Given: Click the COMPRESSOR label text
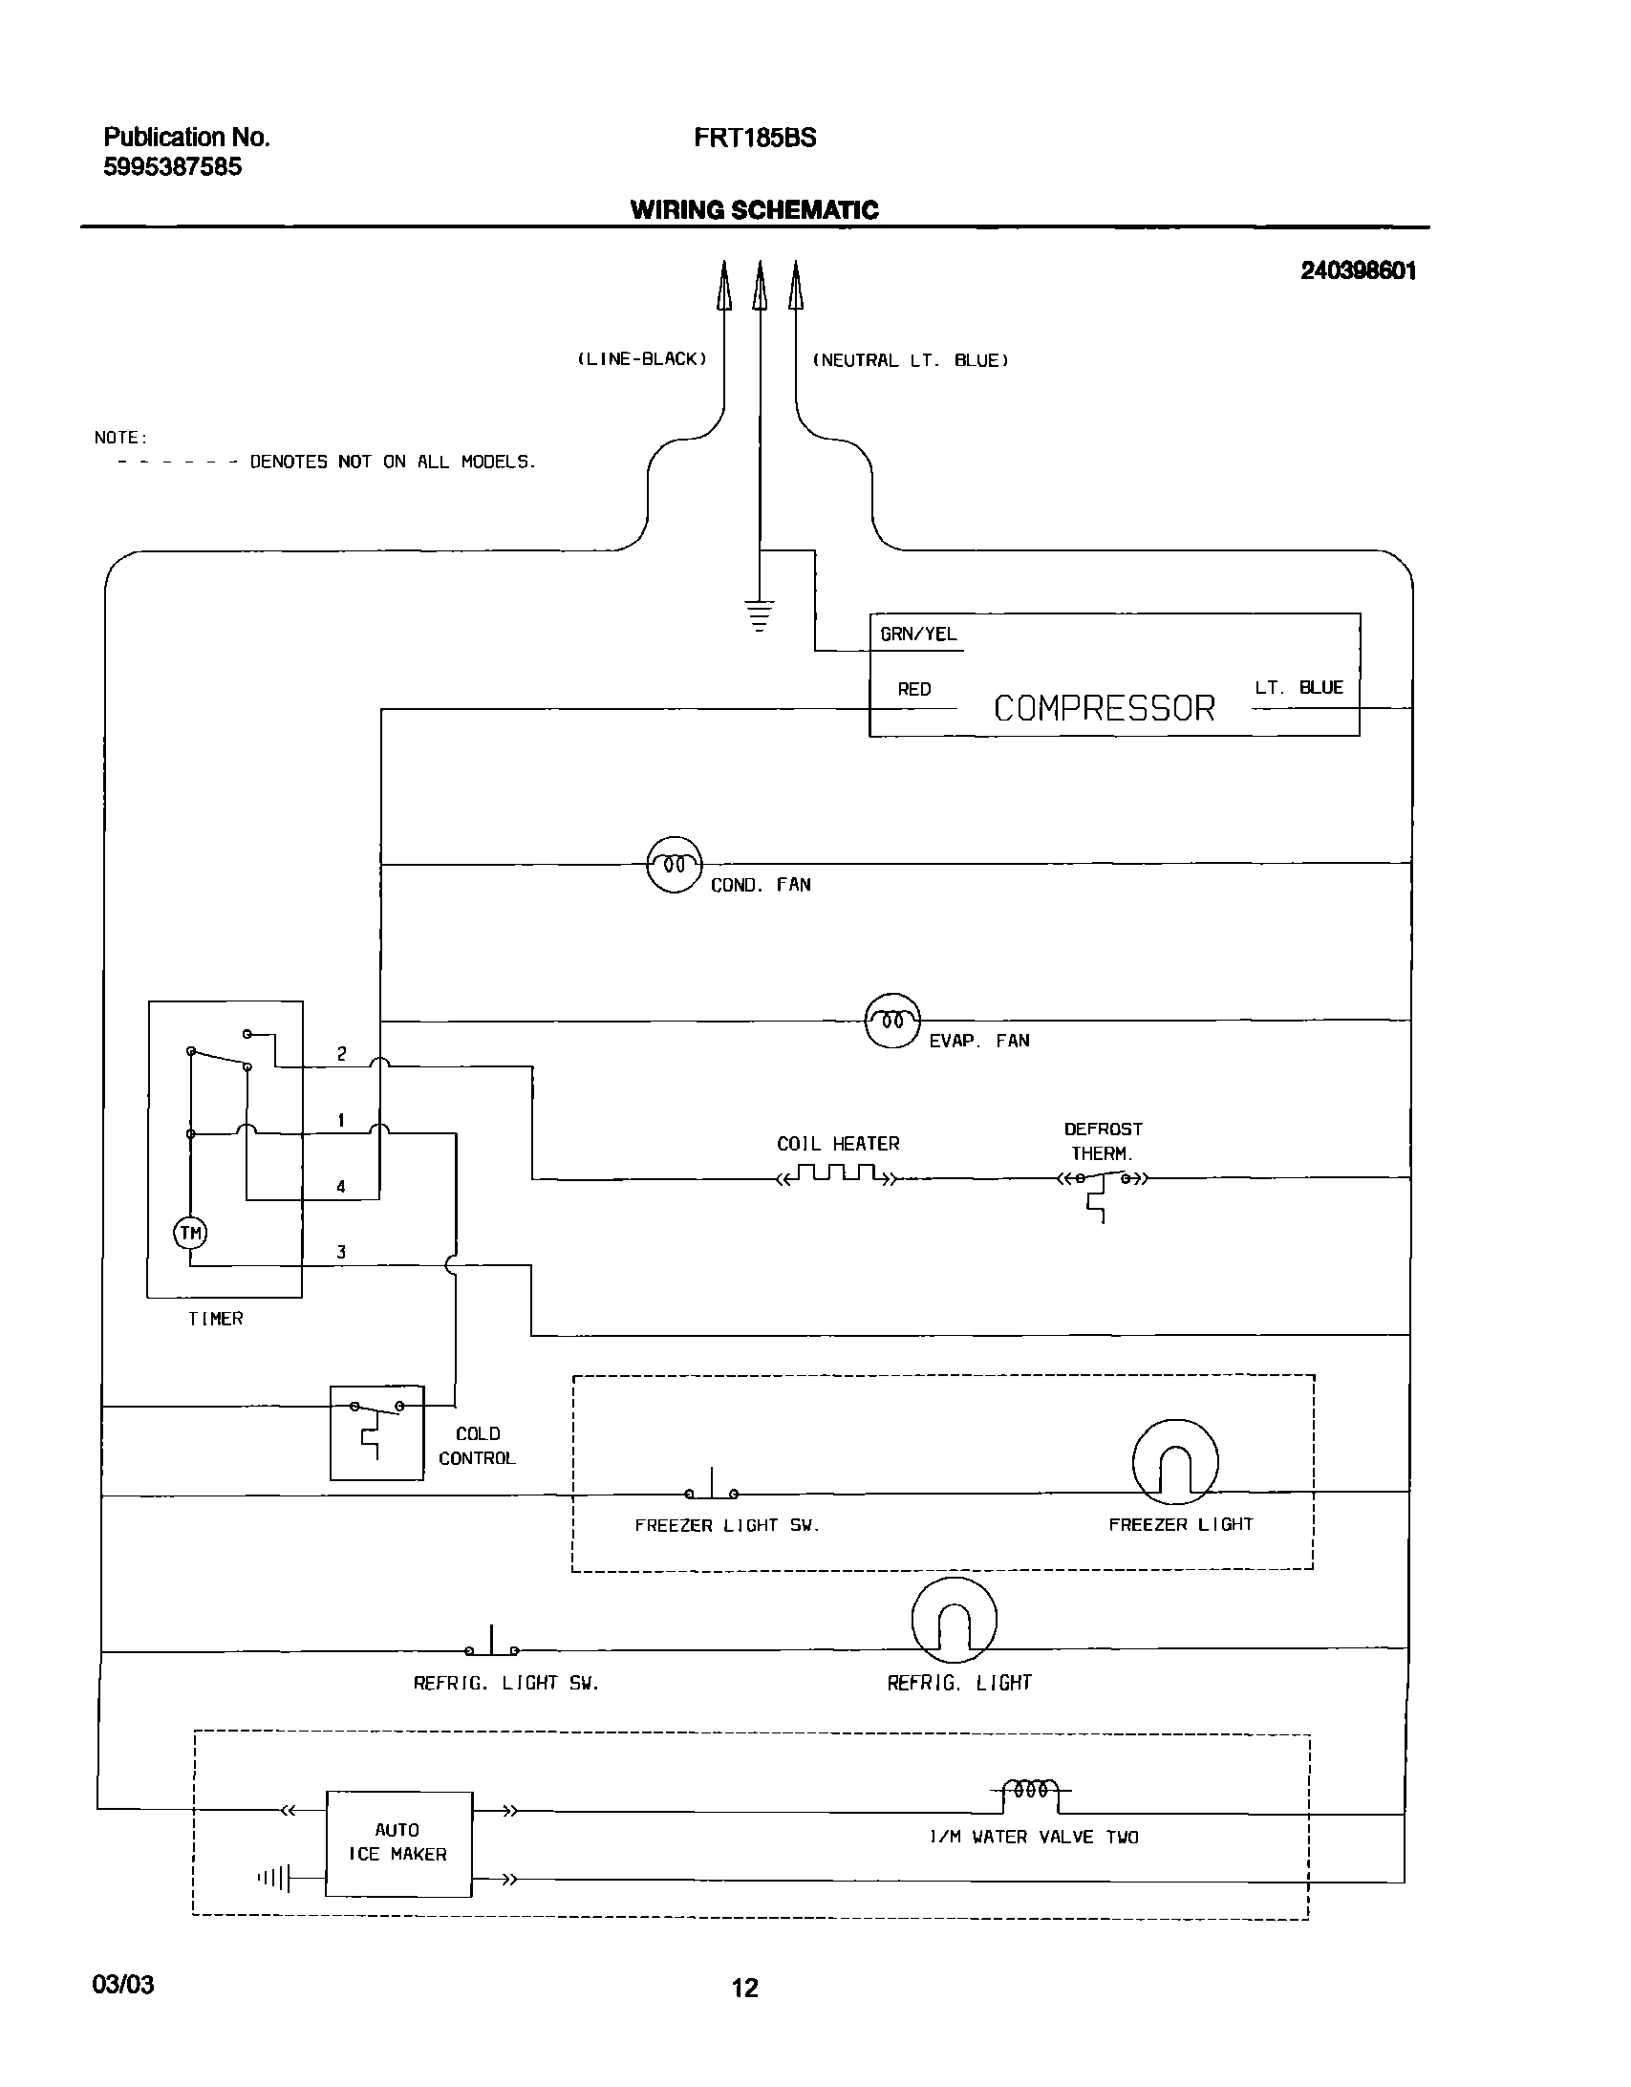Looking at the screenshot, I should [1104, 708].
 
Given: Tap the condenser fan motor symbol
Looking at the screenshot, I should [675, 864].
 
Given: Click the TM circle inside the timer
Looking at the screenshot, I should [190, 1234].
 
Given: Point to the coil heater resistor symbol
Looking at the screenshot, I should [838, 1175].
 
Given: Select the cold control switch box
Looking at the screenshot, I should [376, 1432].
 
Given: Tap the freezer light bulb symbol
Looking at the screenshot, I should [1175, 1463].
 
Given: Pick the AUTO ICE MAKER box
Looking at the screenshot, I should [398, 1843].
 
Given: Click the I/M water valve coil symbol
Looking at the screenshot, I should [1031, 1790].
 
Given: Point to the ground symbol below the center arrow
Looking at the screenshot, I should [760, 615].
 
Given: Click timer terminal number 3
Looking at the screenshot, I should [341, 1252].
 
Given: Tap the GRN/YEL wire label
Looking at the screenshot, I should [918, 635].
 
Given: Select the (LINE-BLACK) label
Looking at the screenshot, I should [642, 359].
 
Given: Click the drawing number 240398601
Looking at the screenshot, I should [1358, 270].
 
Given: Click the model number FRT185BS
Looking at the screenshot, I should [755, 138].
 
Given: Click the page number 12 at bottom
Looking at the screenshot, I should [745, 1989].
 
